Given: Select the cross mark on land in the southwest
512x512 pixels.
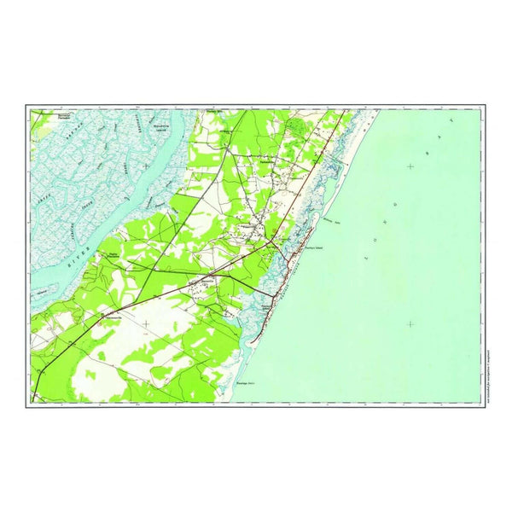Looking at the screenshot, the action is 147,323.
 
